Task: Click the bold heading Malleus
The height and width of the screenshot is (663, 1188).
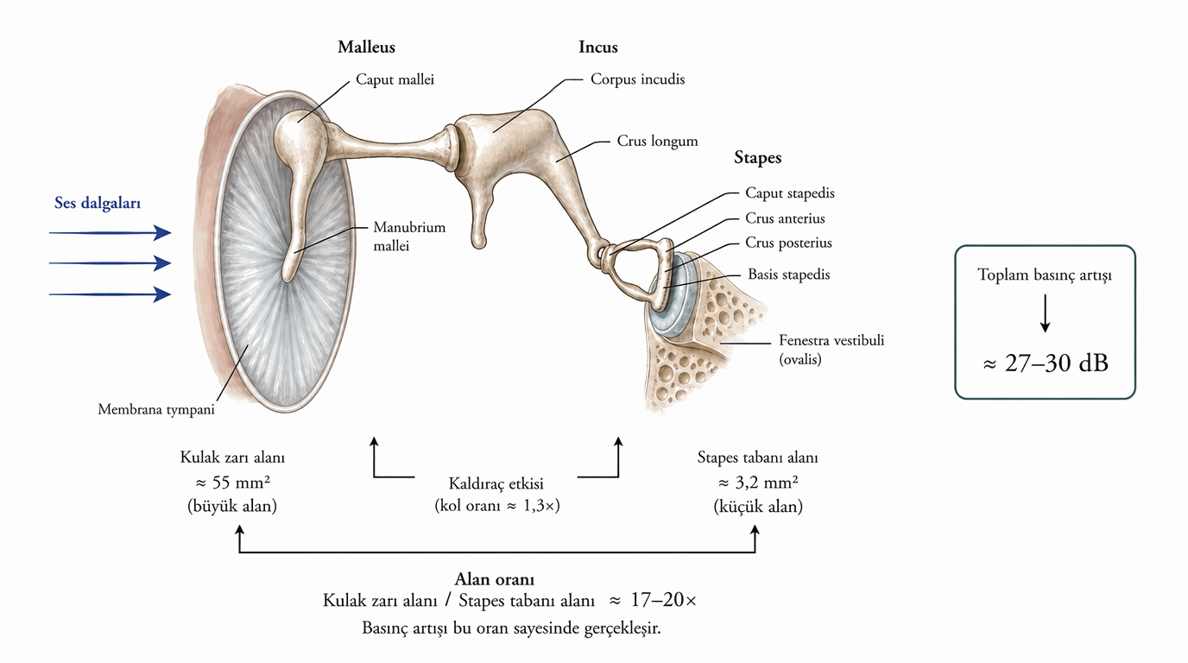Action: click(x=366, y=47)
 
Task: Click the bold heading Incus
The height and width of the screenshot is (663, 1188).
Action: click(x=598, y=47)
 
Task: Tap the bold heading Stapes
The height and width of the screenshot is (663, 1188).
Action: click(x=757, y=158)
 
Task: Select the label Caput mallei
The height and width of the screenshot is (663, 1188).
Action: click(x=395, y=79)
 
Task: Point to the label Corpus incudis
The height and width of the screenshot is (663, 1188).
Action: click(x=637, y=79)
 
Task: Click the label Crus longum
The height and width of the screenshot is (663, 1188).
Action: click(x=657, y=141)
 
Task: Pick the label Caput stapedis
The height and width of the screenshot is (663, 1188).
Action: click(x=790, y=193)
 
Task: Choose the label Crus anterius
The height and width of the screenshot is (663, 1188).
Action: click(x=785, y=218)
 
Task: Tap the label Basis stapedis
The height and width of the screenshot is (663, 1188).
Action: click(x=788, y=275)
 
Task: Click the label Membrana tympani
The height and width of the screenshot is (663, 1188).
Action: click(x=156, y=409)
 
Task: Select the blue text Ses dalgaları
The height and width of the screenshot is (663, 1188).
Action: click(x=98, y=203)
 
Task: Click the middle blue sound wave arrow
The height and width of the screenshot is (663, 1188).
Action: click(x=111, y=263)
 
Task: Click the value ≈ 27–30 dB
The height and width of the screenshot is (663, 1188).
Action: click(x=1046, y=363)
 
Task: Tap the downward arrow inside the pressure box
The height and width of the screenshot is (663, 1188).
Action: click(x=1045, y=313)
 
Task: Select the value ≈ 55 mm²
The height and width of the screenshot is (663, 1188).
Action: click(x=232, y=483)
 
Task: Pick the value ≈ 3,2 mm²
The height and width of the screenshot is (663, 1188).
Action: click(x=758, y=483)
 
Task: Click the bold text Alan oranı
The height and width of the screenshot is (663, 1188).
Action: click(x=495, y=579)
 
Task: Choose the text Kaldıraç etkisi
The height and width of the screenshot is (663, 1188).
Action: click(x=496, y=483)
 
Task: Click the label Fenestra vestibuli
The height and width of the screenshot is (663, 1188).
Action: click(x=831, y=340)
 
